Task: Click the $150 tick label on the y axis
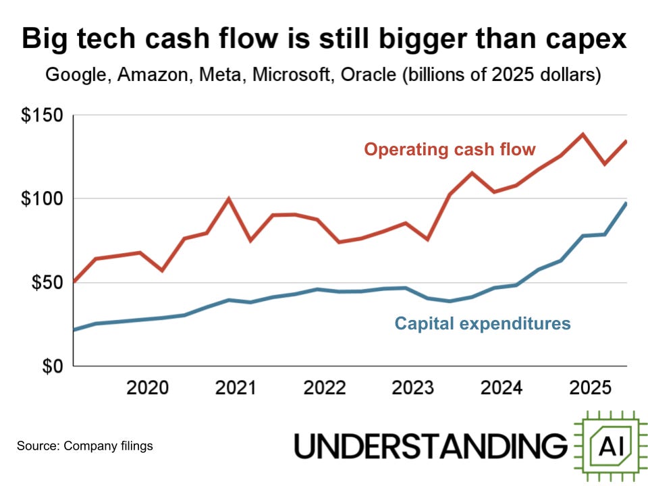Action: pos(42,115)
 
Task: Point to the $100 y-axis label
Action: pos(42,199)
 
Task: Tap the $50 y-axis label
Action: pos(46,283)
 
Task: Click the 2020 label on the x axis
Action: pos(148,388)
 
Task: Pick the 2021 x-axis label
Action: pos(236,388)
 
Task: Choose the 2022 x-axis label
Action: pos(325,388)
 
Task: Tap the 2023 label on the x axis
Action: pos(413,388)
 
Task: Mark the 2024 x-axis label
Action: pos(502,388)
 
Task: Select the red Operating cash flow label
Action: pos(450,149)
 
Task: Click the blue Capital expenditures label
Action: pos(483,324)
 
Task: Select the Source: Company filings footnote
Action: pos(85,446)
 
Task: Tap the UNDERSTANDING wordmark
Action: pos(431,446)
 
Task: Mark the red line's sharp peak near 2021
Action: pos(229,198)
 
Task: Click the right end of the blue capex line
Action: pos(626,204)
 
